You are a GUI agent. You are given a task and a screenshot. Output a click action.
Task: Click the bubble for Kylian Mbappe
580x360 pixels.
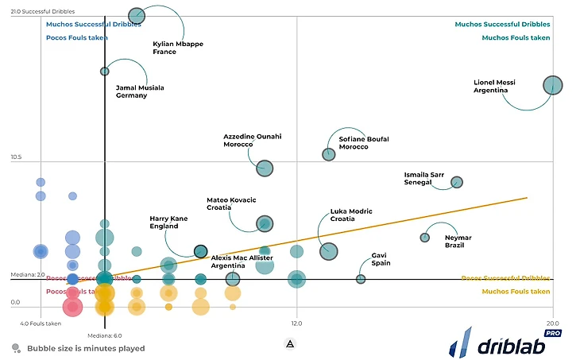(137, 15)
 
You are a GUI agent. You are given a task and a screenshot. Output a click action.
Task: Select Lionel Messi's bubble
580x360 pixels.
(552, 86)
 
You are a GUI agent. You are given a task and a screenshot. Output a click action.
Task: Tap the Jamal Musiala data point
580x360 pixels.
(105, 72)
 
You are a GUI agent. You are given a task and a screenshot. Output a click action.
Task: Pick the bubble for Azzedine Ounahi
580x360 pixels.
(265, 168)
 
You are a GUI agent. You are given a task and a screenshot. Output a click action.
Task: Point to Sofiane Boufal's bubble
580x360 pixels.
(329, 154)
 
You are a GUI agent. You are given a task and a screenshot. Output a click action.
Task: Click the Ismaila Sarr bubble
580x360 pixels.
(457, 182)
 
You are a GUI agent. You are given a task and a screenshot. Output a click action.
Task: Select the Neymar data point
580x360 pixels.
(425, 238)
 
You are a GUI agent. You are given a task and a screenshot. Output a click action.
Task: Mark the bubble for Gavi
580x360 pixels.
(361, 279)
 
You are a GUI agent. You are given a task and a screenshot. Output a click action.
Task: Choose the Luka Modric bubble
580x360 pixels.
(329, 251)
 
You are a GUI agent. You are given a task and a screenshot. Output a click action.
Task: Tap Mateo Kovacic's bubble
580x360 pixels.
(265, 223)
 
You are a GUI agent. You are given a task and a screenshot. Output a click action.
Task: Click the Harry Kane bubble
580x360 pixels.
(201, 251)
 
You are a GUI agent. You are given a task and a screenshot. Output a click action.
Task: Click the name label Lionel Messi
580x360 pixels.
(494, 86)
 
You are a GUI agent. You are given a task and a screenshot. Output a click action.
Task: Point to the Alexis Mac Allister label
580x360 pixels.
(242, 261)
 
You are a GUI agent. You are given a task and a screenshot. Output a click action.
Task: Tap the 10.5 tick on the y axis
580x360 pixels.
(16, 157)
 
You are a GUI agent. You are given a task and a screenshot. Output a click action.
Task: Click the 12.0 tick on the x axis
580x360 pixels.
(296, 323)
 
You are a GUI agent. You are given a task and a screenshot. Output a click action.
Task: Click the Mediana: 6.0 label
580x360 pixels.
(104, 335)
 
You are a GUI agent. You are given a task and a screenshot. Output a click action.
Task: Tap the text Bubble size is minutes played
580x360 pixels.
(86, 348)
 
